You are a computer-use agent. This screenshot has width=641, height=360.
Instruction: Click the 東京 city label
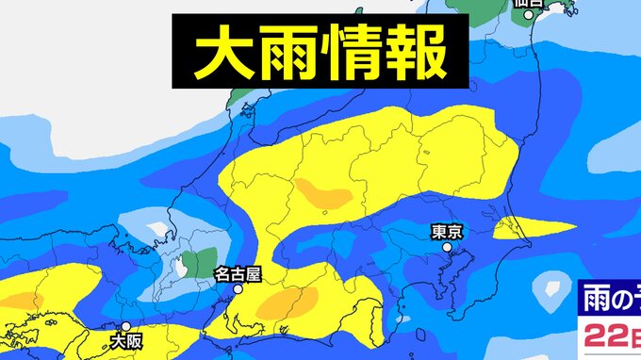(446, 230)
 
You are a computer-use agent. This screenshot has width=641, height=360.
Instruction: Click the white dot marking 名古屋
(238, 291)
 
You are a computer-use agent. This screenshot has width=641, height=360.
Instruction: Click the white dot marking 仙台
(530, 14)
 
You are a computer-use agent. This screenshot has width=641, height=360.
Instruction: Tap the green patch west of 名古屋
(199, 262)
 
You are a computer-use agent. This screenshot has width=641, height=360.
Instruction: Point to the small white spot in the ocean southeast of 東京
(547, 291)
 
